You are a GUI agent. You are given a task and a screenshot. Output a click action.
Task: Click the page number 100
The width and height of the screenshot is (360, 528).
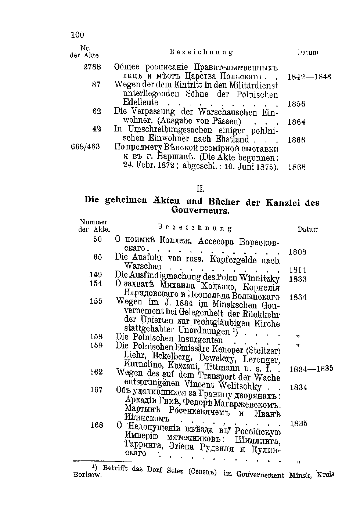click(77, 35)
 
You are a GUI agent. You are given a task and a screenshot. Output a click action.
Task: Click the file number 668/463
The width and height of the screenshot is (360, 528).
click(85, 147)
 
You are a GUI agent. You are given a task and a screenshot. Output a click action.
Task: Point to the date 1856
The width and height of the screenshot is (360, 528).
click(296, 104)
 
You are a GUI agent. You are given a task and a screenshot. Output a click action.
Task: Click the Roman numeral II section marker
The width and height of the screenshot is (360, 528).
click(200, 189)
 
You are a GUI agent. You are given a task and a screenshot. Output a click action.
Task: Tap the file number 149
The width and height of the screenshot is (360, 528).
click(96, 275)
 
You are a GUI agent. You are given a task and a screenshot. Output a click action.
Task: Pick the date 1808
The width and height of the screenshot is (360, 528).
click(298, 252)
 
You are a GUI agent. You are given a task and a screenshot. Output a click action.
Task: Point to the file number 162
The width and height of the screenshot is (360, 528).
click(96, 372)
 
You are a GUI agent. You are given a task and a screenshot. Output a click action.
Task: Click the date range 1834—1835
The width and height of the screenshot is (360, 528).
click(311, 369)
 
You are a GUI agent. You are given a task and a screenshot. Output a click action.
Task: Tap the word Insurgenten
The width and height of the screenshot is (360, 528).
click(200, 340)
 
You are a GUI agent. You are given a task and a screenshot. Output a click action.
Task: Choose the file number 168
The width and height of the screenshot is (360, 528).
click(97, 425)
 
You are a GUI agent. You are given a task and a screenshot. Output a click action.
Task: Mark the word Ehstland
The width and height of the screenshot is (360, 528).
click(232, 139)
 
